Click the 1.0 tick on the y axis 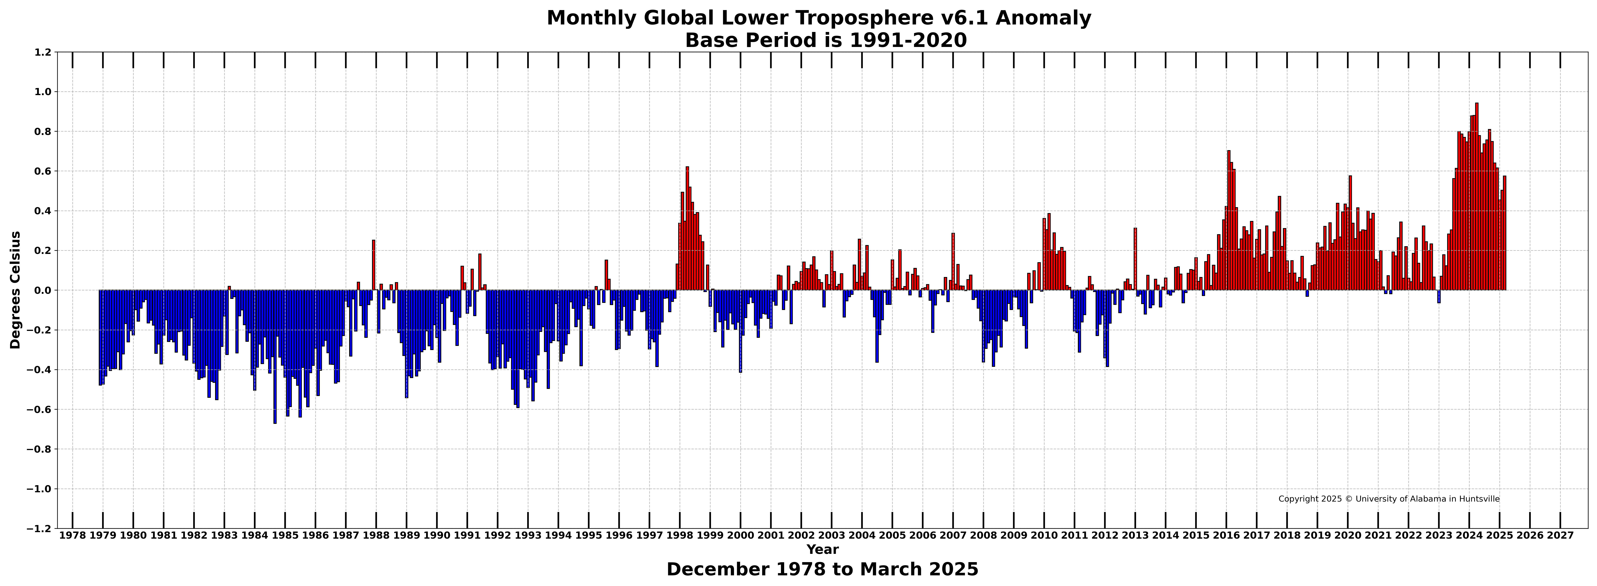[43, 92]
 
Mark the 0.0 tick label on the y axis [43, 290]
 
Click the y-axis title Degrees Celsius [16, 290]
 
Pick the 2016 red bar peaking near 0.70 [1229, 220]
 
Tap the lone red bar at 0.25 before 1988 [373, 265]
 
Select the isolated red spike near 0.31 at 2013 [1135, 259]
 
